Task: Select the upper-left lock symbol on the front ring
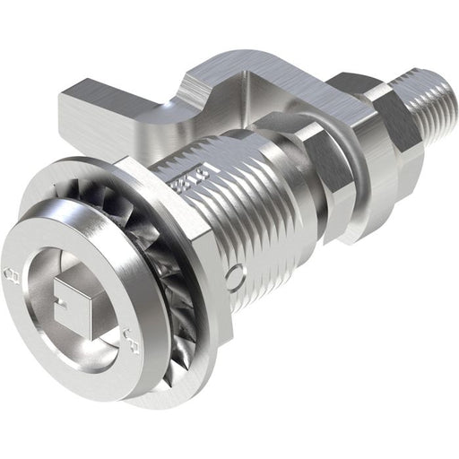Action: tap(12, 272)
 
